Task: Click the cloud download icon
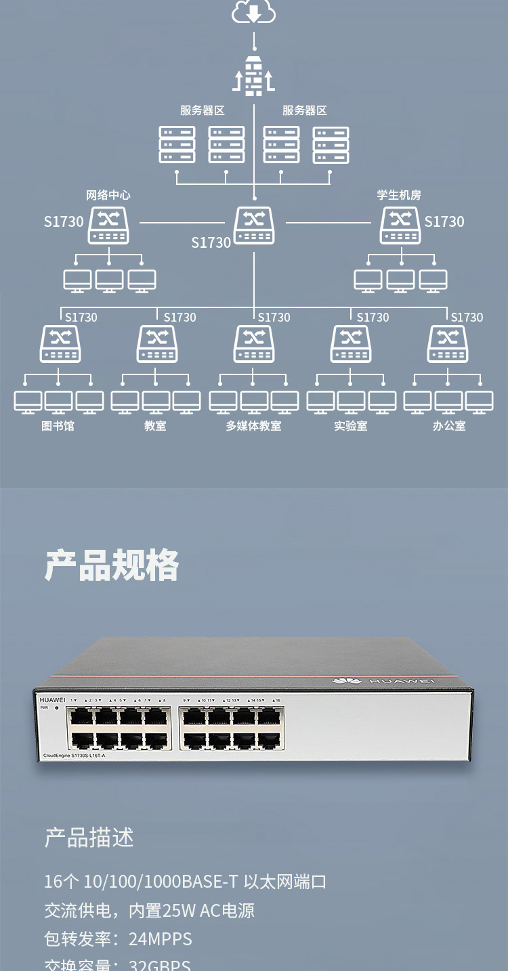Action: coord(254,12)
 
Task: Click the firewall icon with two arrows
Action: coord(254,76)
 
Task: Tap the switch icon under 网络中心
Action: coord(108,225)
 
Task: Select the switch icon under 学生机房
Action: coord(400,225)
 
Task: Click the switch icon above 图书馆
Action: coord(60,344)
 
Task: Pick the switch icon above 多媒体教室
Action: coord(254,344)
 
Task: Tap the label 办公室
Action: coord(449,426)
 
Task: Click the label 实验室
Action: coord(351,426)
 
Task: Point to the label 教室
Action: coord(155,426)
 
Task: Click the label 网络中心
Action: coord(108,195)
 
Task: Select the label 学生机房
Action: coord(399,195)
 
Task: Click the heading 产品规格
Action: coord(112,565)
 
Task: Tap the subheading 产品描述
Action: coord(89,838)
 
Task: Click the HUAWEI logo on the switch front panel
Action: coord(52,699)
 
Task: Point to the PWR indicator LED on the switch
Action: coord(56,708)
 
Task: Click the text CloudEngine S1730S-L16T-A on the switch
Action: coord(75,755)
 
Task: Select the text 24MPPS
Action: coord(161,939)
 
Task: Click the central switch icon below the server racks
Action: coord(254,225)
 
